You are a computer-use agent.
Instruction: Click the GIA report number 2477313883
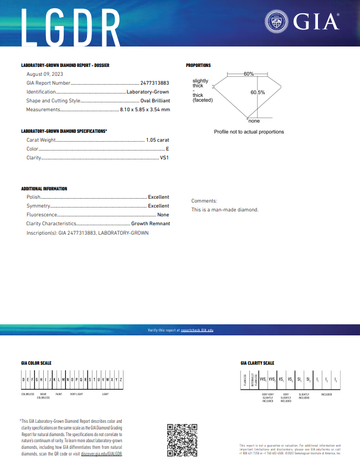155,83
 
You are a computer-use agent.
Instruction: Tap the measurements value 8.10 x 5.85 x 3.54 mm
145,110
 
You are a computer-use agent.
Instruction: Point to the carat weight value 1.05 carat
157,140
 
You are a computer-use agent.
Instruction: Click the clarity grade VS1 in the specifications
164,158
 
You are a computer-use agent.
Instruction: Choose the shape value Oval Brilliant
155,101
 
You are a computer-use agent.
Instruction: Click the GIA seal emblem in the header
276,22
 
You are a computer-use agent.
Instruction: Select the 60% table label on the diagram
248,74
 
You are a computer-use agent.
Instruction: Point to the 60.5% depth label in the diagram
258,92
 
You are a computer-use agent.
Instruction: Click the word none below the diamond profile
254,121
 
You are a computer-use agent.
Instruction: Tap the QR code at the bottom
182,440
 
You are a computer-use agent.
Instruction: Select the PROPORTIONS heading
198,65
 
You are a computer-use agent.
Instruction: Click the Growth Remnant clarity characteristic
150,224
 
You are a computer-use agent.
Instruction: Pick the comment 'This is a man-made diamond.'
225,210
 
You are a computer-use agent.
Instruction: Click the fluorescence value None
163,215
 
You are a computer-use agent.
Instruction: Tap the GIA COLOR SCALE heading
36,363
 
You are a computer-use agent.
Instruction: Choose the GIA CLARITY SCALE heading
257,363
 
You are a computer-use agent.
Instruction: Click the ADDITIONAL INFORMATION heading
44,189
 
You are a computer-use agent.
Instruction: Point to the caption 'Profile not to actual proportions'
249,132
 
